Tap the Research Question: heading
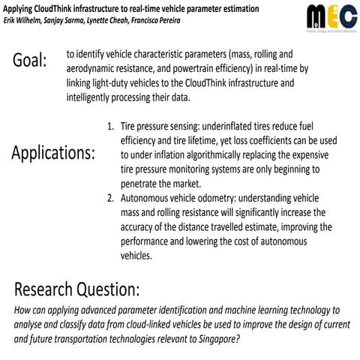pyautogui.click(x=76, y=290)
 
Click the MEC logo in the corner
pyautogui.click(x=327, y=17)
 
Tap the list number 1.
pyautogui.click(x=110, y=127)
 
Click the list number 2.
pyautogui.click(x=110, y=199)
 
